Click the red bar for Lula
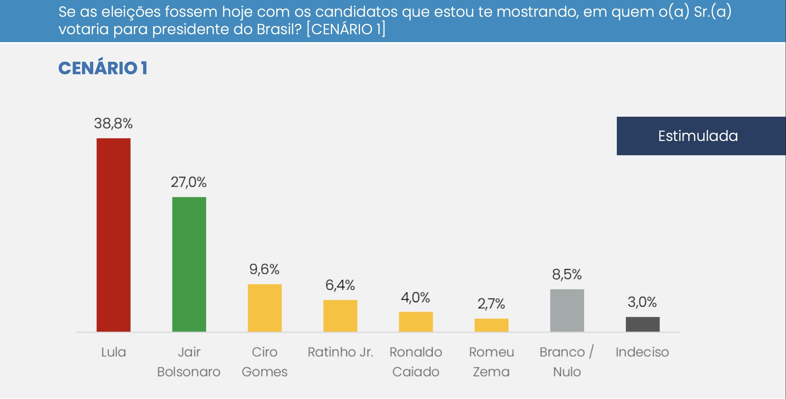point(114,235)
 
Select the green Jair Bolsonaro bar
point(189,264)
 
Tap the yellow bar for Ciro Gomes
point(264,308)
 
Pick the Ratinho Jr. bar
point(340,315)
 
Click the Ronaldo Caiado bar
point(416,322)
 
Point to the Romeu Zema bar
point(491,325)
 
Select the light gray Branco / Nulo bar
point(567,310)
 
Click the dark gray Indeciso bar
point(643,324)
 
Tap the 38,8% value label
point(113,123)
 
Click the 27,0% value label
point(188,182)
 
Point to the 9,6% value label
point(264,269)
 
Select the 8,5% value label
point(567,274)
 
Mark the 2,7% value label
point(491,304)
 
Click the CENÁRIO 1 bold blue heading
point(103,68)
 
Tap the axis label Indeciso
point(642,352)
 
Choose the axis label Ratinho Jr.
point(340,352)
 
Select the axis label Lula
point(114,352)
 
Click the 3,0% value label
point(642,302)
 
